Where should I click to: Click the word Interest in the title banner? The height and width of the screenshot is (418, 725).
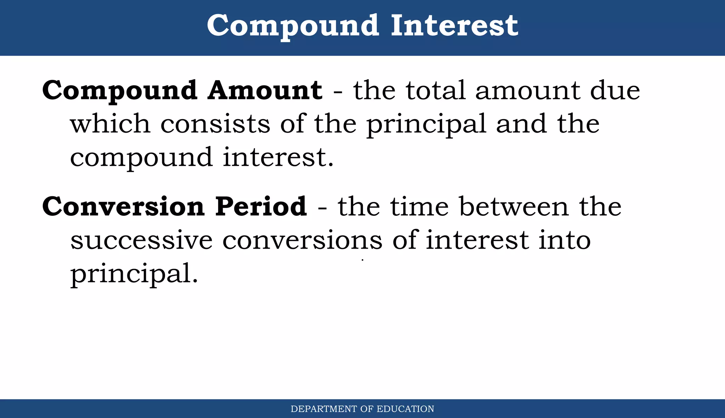click(454, 25)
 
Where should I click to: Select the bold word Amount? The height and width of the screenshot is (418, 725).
click(265, 90)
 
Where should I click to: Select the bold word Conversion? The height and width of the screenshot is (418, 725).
click(123, 207)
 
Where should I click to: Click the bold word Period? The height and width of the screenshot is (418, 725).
click(261, 207)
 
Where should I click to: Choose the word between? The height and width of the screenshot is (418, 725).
click(514, 207)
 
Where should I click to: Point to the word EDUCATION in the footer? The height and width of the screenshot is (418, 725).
click(405, 409)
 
